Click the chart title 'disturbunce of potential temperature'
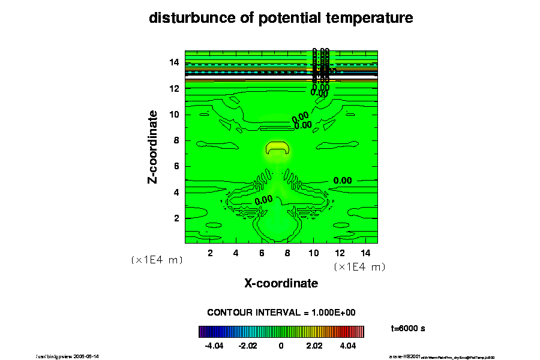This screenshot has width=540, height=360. pyautogui.click(x=281, y=19)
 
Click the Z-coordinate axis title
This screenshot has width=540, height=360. pyautogui.click(x=153, y=146)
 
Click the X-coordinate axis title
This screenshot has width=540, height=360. pyautogui.click(x=281, y=283)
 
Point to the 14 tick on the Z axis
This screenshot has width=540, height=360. pyautogui.click(x=175, y=62)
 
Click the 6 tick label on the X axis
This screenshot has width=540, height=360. pyautogui.click(x=262, y=253)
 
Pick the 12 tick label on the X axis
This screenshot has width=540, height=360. pyautogui.click(x=339, y=253)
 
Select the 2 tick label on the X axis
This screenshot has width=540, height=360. pyautogui.click(x=210, y=253)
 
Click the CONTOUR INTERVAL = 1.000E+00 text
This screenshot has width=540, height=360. pyautogui.click(x=281, y=313)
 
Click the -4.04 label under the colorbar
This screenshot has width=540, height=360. pyautogui.click(x=214, y=346)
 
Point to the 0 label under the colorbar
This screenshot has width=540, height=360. pyautogui.click(x=281, y=346)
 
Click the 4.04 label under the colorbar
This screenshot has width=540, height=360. pyautogui.click(x=347, y=346)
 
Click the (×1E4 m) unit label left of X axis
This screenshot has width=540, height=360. pyautogui.click(x=157, y=260)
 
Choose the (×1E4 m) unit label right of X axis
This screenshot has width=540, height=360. pyautogui.click(x=359, y=266)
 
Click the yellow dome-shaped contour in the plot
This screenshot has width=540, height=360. pyautogui.click(x=277, y=148)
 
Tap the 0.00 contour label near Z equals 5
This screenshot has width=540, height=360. pyautogui.click(x=343, y=180)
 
